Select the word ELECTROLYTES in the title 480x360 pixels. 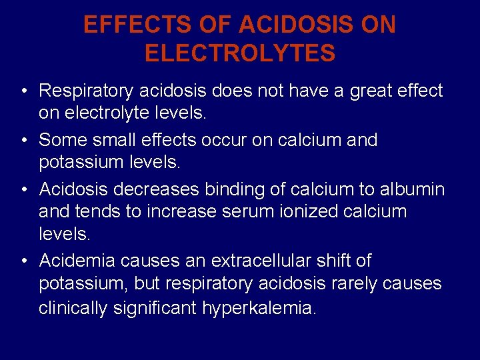[240, 53]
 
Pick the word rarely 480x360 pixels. [357, 284]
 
